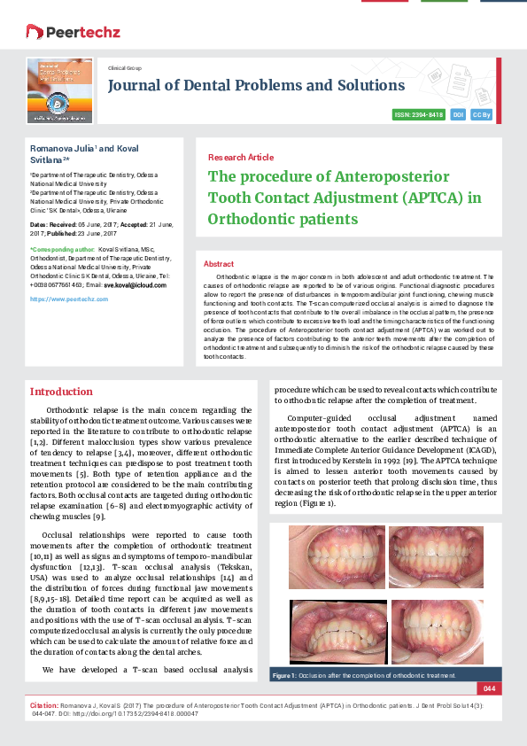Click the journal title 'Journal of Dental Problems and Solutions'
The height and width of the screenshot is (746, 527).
point(256,85)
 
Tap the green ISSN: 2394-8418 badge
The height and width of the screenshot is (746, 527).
point(418,115)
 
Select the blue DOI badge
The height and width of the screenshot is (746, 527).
point(458,115)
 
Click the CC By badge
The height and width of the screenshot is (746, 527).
point(482,115)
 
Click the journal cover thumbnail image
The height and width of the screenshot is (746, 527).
point(59,91)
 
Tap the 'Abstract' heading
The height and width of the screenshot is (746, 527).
point(219,264)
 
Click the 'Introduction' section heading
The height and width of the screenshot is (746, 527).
point(61,392)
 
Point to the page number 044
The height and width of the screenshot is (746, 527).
point(488,688)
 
